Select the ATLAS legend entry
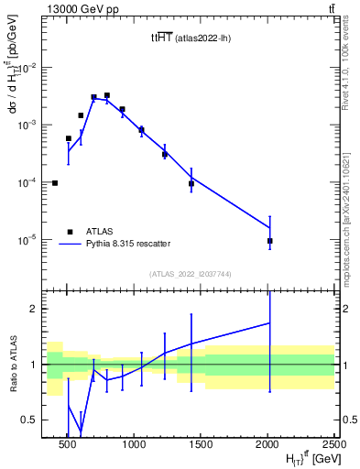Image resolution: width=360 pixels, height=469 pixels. click(99, 231)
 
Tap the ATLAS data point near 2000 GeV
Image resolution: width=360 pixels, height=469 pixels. click(269, 241)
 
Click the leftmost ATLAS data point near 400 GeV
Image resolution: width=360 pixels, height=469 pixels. click(55, 183)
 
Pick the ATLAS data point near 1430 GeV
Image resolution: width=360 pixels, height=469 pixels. click(191, 184)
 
